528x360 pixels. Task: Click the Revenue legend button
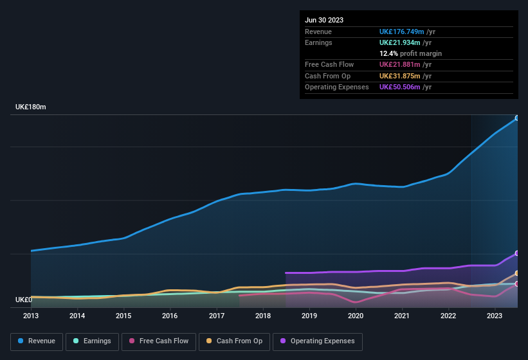(x=37, y=341)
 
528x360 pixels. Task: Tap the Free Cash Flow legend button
(x=159, y=341)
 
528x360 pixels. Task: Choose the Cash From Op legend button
(x=233, y=341)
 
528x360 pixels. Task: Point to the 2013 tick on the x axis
(x=31, y=316)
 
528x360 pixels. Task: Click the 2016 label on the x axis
(x=170, y=316)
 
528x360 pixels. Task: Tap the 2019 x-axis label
(x=309, y=316)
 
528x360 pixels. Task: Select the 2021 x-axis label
(x=402, y=316)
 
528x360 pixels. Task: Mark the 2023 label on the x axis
(x=495, y=316)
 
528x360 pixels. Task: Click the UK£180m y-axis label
(x=31, y=107)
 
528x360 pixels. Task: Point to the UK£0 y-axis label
(x=24, y=300)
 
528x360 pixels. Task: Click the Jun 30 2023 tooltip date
(x=324, y=20)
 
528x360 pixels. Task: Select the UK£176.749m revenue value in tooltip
(x=405, y=32)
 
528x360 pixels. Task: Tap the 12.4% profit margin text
(x=410, y=53)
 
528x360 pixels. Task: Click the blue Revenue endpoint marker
(x=516, y=118)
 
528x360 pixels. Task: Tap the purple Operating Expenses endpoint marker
(x=516, y=253)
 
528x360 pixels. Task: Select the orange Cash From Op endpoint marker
(x=516, y=273)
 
